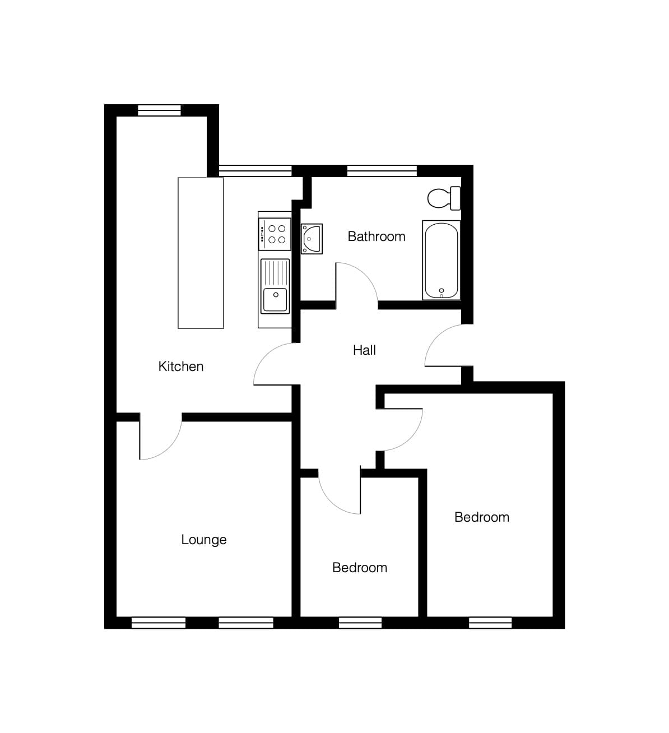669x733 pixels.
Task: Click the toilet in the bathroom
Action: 444,198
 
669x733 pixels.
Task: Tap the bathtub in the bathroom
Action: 442,260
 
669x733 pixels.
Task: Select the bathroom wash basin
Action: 312,239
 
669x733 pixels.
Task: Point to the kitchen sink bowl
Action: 275,300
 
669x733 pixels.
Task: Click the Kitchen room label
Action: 181,366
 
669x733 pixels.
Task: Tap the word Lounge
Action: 204,540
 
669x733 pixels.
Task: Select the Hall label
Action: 364,350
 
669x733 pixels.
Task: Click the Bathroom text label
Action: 377,236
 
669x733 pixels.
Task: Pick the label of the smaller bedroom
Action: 360,568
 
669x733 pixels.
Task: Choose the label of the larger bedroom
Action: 481,517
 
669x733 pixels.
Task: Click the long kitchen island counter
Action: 201,253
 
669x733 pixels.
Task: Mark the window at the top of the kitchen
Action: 159,110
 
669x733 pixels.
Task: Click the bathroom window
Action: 382,171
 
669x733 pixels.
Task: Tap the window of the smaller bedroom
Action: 360,623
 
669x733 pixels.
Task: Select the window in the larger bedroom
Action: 490,623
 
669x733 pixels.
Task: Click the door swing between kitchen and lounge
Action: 170,447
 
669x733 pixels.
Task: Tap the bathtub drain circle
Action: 442,290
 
